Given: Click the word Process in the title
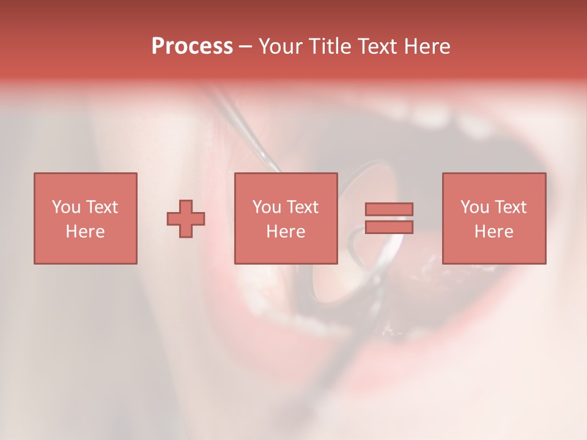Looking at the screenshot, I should [x=192, y=46].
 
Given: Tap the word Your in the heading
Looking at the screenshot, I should [x=282, y=46].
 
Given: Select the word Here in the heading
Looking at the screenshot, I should [x=427, y=46].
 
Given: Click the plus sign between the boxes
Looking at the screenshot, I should [x=186, y=219].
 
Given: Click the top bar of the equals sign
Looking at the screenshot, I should [x=389, y=209].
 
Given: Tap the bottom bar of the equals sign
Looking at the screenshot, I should [x=389, y=227].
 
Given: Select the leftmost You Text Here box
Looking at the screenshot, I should [x=85, y=218].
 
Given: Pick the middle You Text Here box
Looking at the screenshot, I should [x=286, y=218].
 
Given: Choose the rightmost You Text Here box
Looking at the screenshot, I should [x=493, y=218].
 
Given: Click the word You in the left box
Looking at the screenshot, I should [x=66, y=207].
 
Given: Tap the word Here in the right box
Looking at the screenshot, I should [x=493, y=232].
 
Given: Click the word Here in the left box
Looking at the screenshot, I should [x=85, y=232].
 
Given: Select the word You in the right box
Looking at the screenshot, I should [x=474, y=207].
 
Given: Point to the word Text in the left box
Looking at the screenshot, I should [x=102, y=207].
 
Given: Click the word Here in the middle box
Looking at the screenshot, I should [x=286, y=232].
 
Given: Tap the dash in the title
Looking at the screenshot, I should [x=245, y=46].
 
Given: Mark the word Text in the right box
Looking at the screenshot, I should [x=511, y=207].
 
